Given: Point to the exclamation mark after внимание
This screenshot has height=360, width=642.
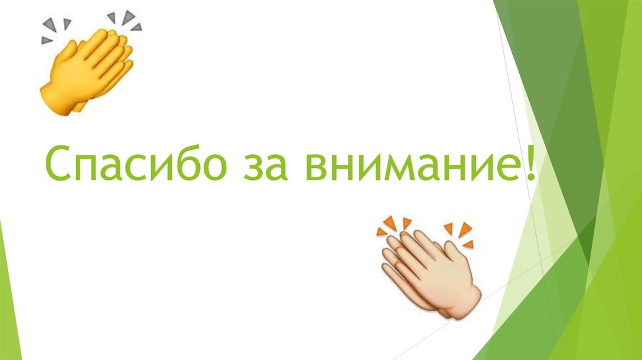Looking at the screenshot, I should (532, 162).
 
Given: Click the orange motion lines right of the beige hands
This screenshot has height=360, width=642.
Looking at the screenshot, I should (460, 233).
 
